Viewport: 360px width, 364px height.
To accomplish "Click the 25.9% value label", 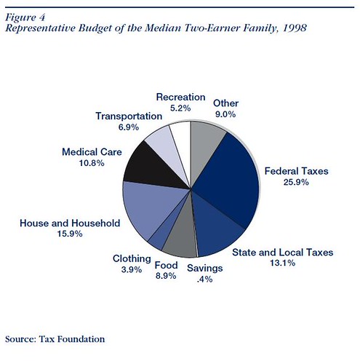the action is click(x=296, y=182).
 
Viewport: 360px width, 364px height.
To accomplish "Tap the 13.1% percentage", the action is click(x=282, y=263).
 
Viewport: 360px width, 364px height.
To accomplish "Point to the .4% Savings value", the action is click(x=205, y=280).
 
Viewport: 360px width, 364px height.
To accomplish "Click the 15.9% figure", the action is click(x=70, y=234).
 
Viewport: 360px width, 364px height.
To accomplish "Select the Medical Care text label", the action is click(x=92, y=152).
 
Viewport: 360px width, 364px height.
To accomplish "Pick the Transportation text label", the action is click(x=129, y=116).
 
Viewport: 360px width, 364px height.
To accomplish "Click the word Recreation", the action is click(x=181, y=97).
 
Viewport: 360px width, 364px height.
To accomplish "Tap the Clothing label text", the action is click(x=132, y=259).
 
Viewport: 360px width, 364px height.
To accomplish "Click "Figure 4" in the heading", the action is click(x=25, y=17).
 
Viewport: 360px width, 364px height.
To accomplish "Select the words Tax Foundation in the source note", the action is click(x=72, y=339).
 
